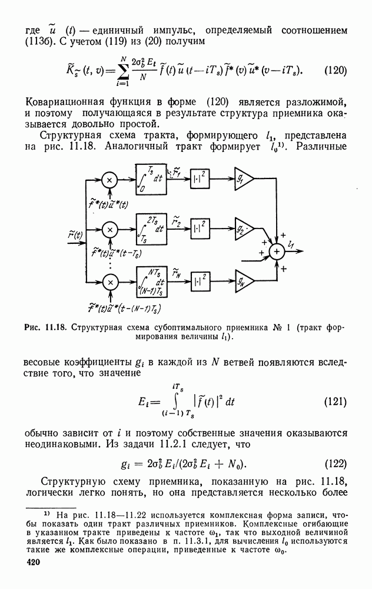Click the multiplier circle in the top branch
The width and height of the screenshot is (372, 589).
pyautogui.click(x=109, y=180)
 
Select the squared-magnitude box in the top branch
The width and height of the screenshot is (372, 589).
pyautogui.click(x=199, y=180)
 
